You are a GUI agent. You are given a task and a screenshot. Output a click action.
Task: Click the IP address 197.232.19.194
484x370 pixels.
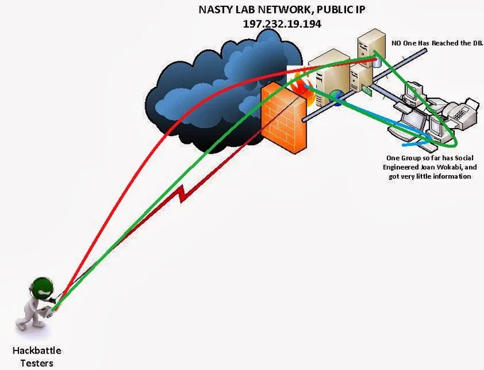coord(282,23)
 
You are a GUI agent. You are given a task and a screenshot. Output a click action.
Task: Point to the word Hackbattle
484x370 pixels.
coord(37,351)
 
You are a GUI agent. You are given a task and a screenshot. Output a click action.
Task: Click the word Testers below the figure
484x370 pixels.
coord(37,363)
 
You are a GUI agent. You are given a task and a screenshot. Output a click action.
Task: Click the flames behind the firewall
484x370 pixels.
coord(304,88)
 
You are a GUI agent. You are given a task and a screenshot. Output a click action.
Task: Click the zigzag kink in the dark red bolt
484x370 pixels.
coord(183,194)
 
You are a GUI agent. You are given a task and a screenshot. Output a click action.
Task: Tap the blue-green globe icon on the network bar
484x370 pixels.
coord(337,97)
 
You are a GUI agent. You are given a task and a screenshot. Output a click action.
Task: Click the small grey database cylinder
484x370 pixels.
coord(377,62)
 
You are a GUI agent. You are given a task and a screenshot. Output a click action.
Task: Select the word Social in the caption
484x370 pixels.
coord(464,158)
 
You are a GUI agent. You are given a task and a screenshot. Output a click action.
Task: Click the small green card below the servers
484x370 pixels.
coord(366,90)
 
